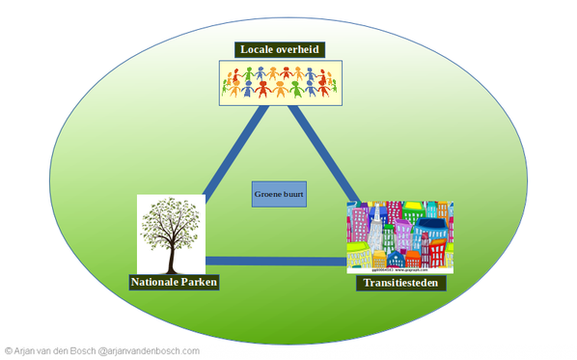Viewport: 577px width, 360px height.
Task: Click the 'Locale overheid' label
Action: [x=280, y=49]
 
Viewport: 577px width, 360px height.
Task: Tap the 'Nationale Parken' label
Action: [x=174, y=283]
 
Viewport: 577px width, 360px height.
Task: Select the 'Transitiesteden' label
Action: [x=399, y=285]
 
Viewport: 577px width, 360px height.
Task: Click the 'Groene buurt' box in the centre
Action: [x=279, y=194]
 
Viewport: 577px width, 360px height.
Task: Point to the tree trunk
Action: [x=172, y=256]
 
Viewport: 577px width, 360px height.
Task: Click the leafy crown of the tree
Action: [x=172, y=220]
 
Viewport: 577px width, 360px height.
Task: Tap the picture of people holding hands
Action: [x=279, y=82]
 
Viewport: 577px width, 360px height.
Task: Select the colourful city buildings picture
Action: [x=399, y=235]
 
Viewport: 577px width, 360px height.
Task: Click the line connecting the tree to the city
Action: [x=275, y=261]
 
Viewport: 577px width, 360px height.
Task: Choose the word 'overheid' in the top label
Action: [x=294, y=49]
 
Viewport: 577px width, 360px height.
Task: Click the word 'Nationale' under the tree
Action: [x=154, y=283]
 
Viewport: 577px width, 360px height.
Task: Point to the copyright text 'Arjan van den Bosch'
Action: [x=54, y=351]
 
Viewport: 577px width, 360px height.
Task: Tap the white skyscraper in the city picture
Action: [x=371, y=232]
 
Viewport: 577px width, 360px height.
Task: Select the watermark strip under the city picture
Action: [x=399, y=271]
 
